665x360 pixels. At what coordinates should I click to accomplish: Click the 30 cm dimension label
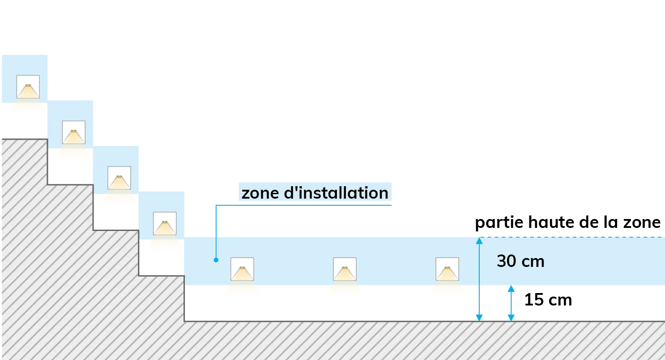520,261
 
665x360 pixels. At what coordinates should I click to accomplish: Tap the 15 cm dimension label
548,300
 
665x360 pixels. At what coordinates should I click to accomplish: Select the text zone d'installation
315,193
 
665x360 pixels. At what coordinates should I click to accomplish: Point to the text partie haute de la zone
567,222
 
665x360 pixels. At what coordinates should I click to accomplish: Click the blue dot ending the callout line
216,260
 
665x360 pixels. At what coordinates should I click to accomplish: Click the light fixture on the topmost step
28,86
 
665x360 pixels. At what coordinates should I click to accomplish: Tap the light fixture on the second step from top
74,133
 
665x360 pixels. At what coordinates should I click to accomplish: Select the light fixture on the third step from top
119,178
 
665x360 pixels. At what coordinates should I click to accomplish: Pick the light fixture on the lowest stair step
165,223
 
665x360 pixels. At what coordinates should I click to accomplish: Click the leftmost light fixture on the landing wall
242,269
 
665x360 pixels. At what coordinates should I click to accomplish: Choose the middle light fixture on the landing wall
344,269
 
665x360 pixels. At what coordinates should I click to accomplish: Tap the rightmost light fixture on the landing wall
447,269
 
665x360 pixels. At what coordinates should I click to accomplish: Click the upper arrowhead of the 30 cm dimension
479,241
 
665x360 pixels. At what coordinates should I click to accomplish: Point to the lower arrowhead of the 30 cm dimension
479,318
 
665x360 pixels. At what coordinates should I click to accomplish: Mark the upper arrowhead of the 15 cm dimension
511,289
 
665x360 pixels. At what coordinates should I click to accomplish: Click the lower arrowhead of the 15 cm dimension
511,318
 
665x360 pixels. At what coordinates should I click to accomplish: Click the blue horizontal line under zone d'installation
304,205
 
